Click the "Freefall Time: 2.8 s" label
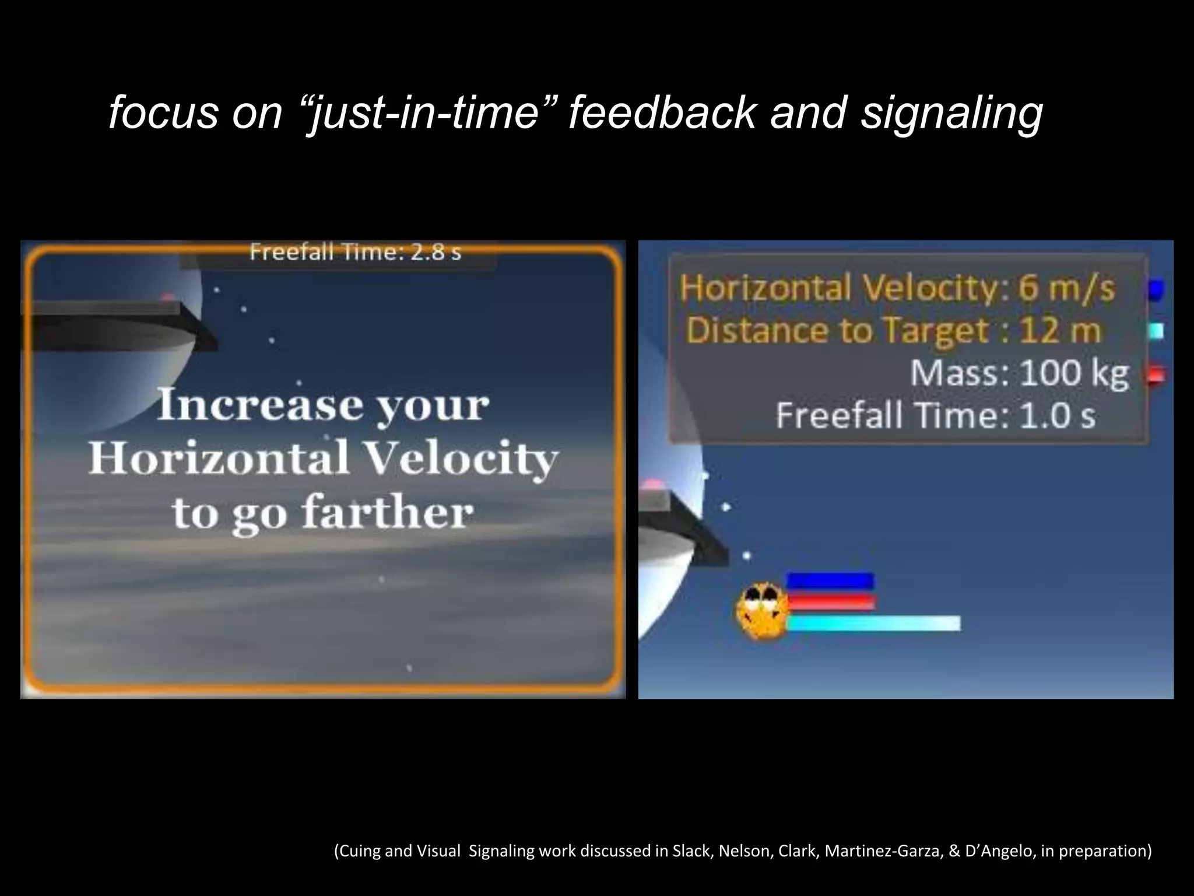pos(355,252)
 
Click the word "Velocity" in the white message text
pos(461,459)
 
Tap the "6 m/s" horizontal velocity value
pos(1066,288)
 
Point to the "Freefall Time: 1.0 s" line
pos(935,416)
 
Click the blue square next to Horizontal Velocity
pos(1156,289)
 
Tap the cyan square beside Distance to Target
pos(1157,331)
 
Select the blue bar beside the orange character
pos(830,581)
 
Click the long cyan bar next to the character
pos(873,623)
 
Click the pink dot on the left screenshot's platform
pos(168,297)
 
